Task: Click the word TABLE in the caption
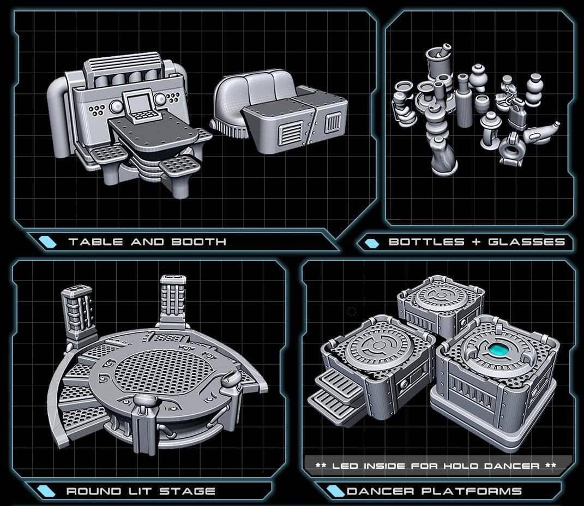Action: (x=96, y=242)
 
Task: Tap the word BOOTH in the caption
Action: (x=199, y=242)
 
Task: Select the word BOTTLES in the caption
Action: (x=426, y=242)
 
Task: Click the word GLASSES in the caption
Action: (x=527, y=242)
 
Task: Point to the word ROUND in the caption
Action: (x=94, y=491)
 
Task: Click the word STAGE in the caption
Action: (x=188, y=491)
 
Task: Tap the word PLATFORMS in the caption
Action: (x=472, y=491)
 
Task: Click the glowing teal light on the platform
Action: (x=499, y=350)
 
